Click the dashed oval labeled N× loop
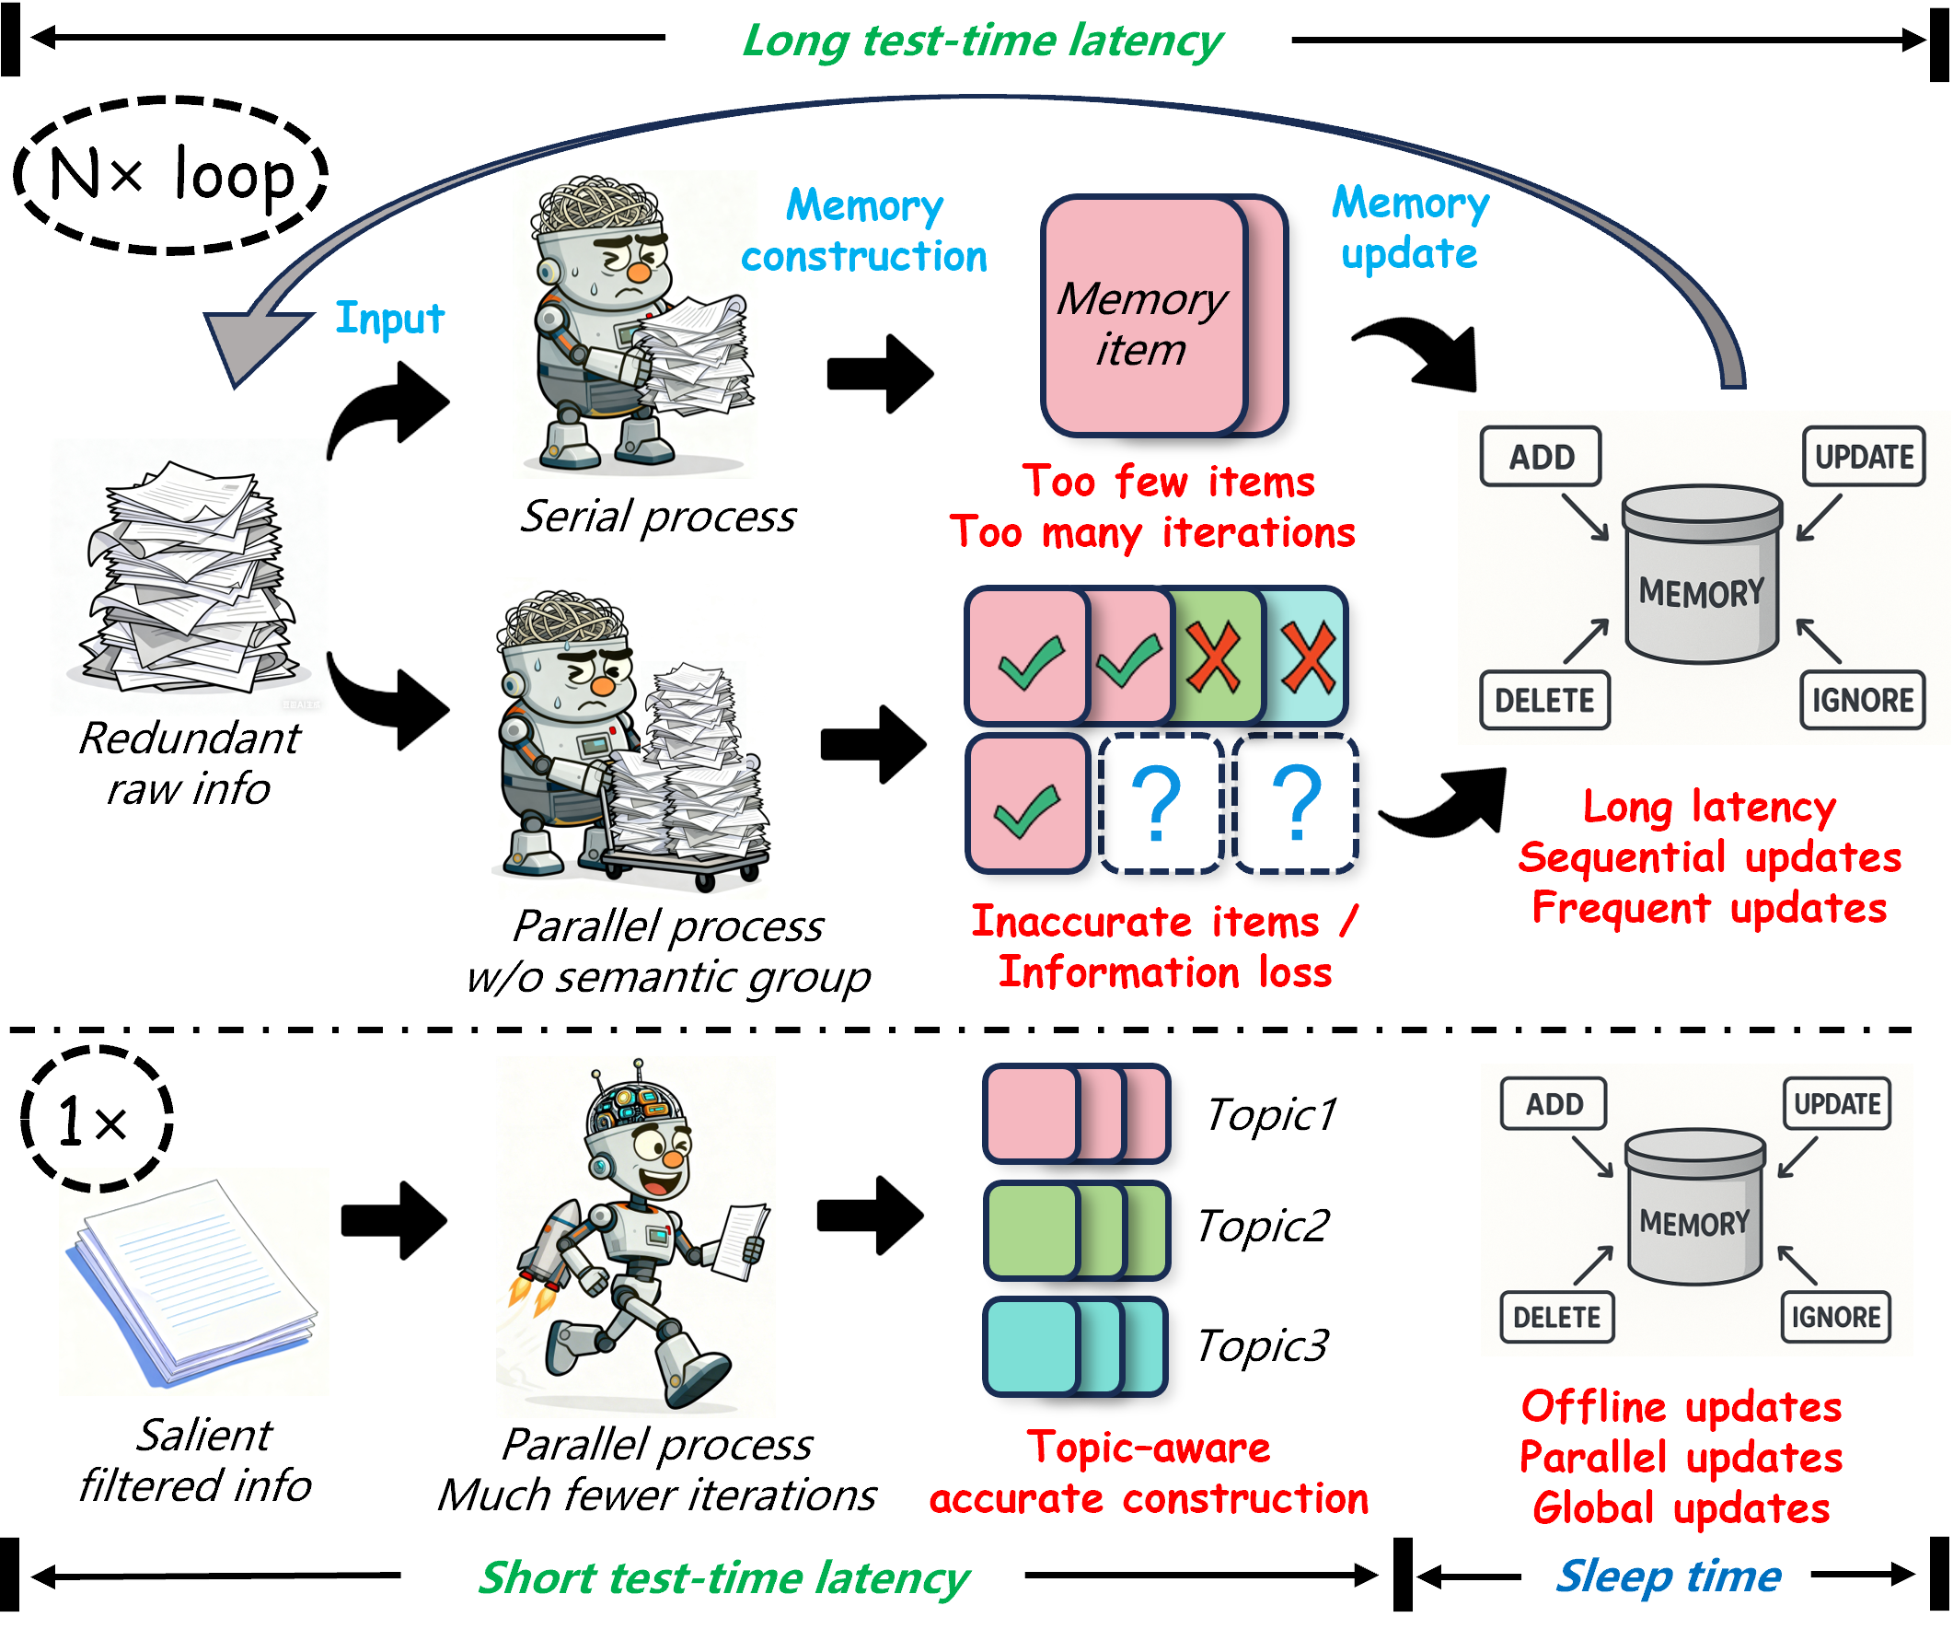(171, 175)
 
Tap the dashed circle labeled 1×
(96, 1119)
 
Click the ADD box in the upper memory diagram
(1541, 457)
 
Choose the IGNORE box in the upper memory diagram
(1863, 700)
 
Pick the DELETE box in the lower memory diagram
(1557, 1317)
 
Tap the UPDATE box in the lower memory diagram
(1837, 1104)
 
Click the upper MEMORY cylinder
(1702, 574)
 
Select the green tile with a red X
(1215, 657)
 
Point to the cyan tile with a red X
(1306, 657)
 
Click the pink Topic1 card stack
(1076, 1114)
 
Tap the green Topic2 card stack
(1076, 1230)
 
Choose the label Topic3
(1262, 1345)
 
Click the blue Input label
(389, 319)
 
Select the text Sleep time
(1669, 1576)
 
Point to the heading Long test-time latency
(982, 41)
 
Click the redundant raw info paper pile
(191, 576)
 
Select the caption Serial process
(657, 517)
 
